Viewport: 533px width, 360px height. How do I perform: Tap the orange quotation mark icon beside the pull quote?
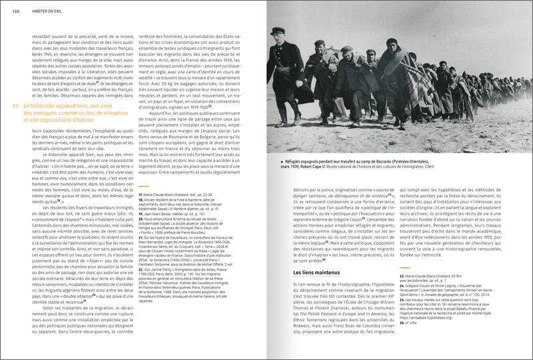[15, 106]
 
